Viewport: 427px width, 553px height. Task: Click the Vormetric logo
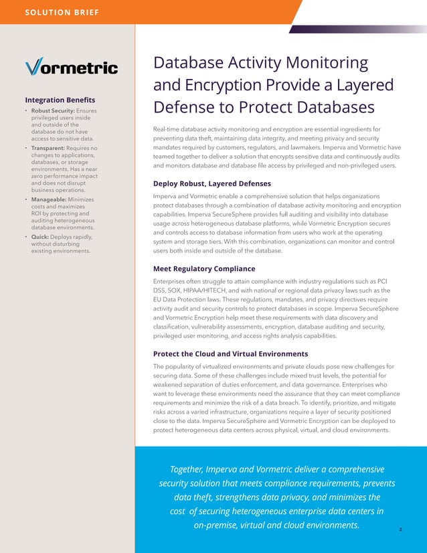coord(71,68)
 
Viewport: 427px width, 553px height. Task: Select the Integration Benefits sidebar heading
coord(60,99)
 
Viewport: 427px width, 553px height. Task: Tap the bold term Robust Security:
coord(53,110)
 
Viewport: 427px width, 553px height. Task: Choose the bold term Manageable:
coord(52,200)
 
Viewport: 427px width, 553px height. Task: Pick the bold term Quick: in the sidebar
coord(41,236)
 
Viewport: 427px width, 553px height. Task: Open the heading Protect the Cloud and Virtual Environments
coord(230,353)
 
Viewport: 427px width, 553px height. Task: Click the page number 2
coord(400,530)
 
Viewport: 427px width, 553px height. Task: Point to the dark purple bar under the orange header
coord(355,29)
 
